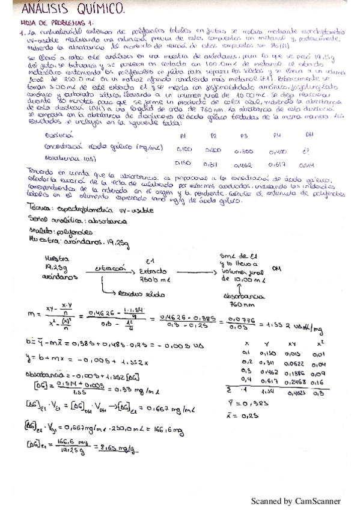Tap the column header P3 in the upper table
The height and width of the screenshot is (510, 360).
tap(244, 137)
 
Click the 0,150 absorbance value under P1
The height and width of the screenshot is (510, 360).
tap(183, 162)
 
